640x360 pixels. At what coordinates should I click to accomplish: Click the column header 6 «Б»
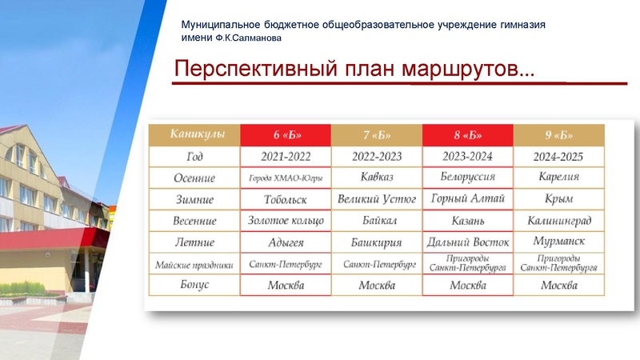[286, 134]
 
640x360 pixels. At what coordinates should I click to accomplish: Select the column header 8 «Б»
[468, 134]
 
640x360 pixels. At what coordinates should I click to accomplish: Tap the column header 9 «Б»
[558, 134]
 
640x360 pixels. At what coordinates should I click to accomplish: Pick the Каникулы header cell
[195, 134]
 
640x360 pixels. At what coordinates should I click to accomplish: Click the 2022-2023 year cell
[377, 156]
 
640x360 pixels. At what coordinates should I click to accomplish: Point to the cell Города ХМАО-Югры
[286, 178]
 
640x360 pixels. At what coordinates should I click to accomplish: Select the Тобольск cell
[286, 199]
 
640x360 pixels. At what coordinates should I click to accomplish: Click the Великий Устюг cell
[377, 199]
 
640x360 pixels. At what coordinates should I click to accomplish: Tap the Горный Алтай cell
[468, 199]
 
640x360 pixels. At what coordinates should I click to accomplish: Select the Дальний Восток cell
[468, 242]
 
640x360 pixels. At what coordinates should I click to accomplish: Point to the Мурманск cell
[558, 242]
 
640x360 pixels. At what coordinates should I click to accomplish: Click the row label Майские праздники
[195, 264]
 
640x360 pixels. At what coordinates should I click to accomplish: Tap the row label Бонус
[195, 286]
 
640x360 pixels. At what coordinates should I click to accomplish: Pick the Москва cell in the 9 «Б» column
[558, 286]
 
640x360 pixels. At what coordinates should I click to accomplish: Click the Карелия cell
[558, 178]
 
